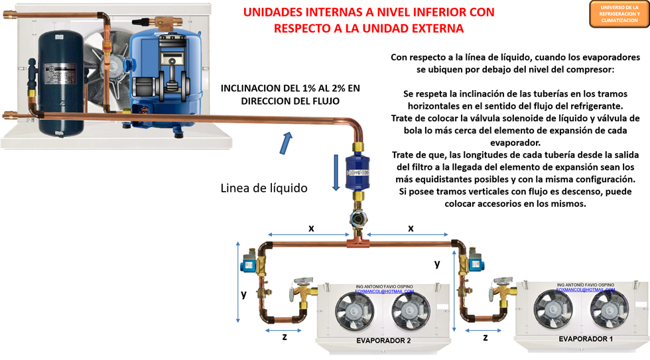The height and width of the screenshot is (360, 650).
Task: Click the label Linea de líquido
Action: pos(264,188)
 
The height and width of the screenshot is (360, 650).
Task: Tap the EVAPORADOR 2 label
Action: pos(383,341)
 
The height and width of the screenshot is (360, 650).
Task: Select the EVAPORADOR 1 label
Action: pos(586,339)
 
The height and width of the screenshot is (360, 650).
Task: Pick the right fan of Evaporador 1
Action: pos(610,310)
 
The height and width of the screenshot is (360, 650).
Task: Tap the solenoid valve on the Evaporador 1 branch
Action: pos(474,263)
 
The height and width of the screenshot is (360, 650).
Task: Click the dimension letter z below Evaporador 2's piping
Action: pos(284,336)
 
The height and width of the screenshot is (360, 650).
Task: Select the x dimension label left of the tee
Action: pos(311,229)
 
